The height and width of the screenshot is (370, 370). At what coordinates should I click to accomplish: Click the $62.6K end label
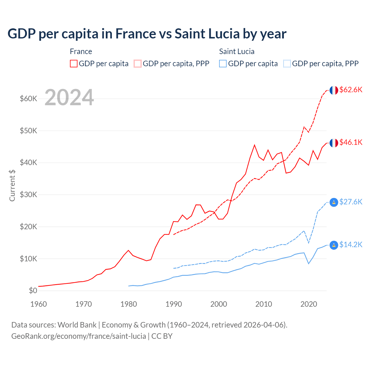(351, 90)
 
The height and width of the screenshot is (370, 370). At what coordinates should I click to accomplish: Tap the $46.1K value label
(351, 142)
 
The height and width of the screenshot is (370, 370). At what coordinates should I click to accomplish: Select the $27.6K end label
(351, 202)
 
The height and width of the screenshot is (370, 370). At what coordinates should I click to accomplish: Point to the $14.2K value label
(351, 245)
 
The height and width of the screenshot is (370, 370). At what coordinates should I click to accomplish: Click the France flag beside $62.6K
(334, 90)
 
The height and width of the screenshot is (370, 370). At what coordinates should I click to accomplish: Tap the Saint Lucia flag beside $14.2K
(334, 245)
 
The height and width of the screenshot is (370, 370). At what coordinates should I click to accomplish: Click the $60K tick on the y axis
(29, 99)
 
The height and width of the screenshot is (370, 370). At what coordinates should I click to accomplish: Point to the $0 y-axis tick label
(33, 291)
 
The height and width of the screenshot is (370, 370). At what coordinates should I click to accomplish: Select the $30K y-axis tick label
(29, 195)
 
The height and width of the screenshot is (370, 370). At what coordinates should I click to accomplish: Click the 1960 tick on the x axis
(39, 304)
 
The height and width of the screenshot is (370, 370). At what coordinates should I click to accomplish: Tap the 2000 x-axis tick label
(219, 304)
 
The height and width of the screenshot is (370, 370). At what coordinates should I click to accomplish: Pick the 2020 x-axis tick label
(309, 304)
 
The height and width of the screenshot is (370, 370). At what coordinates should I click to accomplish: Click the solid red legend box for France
(74, 64)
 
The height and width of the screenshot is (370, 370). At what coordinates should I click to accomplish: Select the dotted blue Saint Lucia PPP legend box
(287, 64)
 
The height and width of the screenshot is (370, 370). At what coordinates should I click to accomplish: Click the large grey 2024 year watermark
(69, 97)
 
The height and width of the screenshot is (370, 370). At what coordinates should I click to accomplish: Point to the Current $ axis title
(12, 185)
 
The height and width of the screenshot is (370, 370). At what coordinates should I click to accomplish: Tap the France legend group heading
(81, 51)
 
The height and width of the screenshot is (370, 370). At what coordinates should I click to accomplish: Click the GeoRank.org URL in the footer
(79, 336)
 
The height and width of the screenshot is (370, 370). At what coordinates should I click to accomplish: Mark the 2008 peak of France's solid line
(254, 145)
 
